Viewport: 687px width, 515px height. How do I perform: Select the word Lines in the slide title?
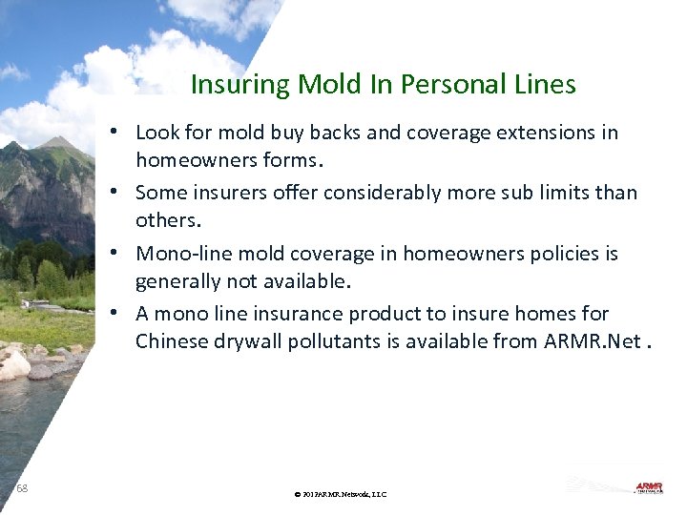[x=546, y=85]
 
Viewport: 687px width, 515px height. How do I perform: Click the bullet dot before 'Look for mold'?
[x=114, y=132]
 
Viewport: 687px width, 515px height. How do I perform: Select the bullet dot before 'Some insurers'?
[x=114, y=192]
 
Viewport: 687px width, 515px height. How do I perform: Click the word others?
[x=167, y=219]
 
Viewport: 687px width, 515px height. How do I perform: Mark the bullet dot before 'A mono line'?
[x=114, y=313]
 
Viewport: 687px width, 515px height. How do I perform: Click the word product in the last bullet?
[x=383, y=314]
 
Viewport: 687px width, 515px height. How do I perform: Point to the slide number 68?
[x=22, y=488]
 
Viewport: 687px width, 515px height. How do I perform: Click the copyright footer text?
[x=341, y=494]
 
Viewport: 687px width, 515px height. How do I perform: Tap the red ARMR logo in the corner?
[x=649, y=487]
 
